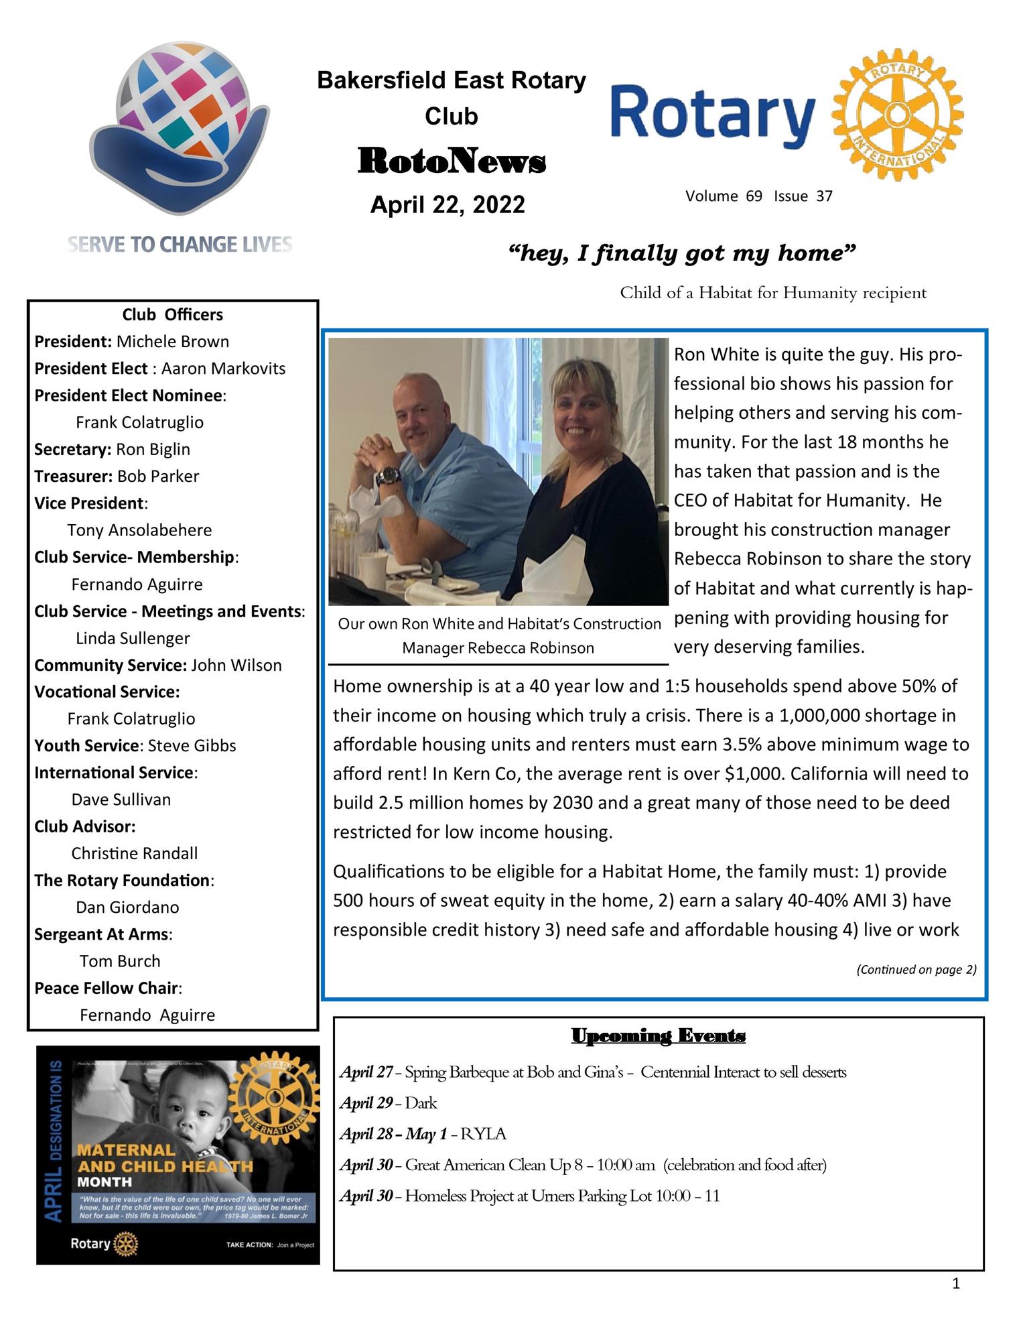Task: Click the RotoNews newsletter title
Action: (x=452, y=162)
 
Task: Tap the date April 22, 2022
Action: (x=448, y=204)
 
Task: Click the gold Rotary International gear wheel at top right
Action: (x=897, y=115)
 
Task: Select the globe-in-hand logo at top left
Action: (x=180, y=127)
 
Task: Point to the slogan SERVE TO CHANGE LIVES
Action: (x=180, y=245)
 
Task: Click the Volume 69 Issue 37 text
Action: (x=758, y=196)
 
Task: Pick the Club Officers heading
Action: (x=172, y=314)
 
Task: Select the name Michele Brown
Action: (x=172, y=342)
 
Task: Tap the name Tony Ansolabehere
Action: (x=139, y=530)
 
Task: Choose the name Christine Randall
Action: (x=135, y=853)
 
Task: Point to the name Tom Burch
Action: (x=120, y=961)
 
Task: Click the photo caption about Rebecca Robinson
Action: (x=498, y=635)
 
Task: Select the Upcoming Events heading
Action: (x=658, y=1036)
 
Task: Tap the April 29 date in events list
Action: (x=366, y=1103)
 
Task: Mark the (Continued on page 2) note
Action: (x=916, y=969)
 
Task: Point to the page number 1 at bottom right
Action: (x=955, y=1283)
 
